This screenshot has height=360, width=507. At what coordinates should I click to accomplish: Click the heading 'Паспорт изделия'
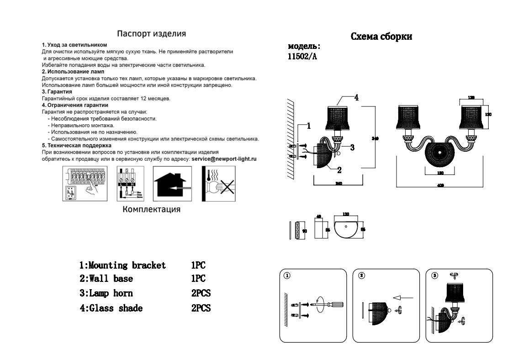tap(151, 34)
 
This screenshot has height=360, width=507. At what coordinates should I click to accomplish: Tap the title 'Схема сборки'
tap(381, 37)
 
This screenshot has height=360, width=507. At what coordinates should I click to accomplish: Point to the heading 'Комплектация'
tap(151, 210)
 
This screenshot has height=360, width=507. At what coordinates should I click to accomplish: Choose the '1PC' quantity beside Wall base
tap(198, 279)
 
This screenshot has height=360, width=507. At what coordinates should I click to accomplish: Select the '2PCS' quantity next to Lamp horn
tap(201, 293)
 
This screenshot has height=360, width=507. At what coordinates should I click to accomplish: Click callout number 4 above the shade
tap(356, 97)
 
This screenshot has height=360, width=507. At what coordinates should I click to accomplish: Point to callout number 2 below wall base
tap(339, 170)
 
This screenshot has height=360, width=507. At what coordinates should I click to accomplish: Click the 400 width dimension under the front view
tap(441, 186)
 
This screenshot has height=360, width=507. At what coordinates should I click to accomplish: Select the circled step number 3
tap(434, 275)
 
